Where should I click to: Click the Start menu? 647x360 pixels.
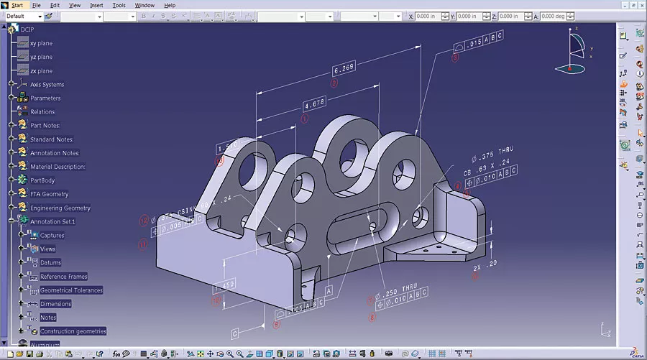17,5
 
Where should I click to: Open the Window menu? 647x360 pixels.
144,5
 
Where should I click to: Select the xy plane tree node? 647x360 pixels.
41,43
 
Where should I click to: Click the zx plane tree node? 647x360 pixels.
41,71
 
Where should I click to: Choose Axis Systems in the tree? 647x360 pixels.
47,85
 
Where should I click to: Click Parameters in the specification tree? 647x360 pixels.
45,98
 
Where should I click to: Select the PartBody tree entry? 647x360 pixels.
42,180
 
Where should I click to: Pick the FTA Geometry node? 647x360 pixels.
49,194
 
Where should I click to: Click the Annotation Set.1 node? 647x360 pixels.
52,221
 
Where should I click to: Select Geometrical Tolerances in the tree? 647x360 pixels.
71,290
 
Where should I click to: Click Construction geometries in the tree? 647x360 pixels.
73,331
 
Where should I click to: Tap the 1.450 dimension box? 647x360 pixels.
224,286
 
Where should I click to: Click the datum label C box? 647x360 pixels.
234,333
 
